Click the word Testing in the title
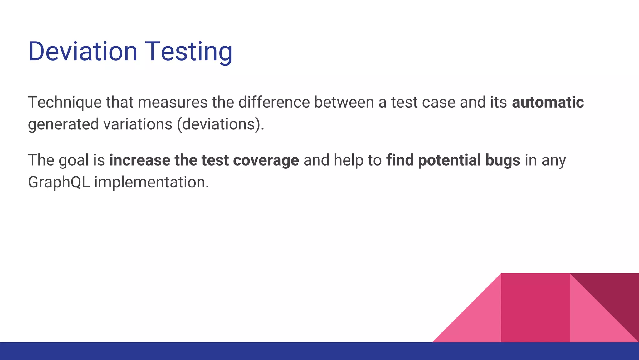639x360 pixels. coord(189,52)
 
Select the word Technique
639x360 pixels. coord(65,102)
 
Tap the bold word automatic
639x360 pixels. coord(548,102)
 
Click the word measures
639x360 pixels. coord(173,102)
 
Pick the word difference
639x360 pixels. coord(274,102)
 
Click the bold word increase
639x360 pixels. coord(139,160)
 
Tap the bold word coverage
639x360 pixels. coord(266,161)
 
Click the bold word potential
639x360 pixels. coord(449,160)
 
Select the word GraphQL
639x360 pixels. coord(59,182)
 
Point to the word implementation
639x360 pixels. coord(151,182)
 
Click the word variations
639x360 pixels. coord(138,124)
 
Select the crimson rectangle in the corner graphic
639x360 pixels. coord(535,308)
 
